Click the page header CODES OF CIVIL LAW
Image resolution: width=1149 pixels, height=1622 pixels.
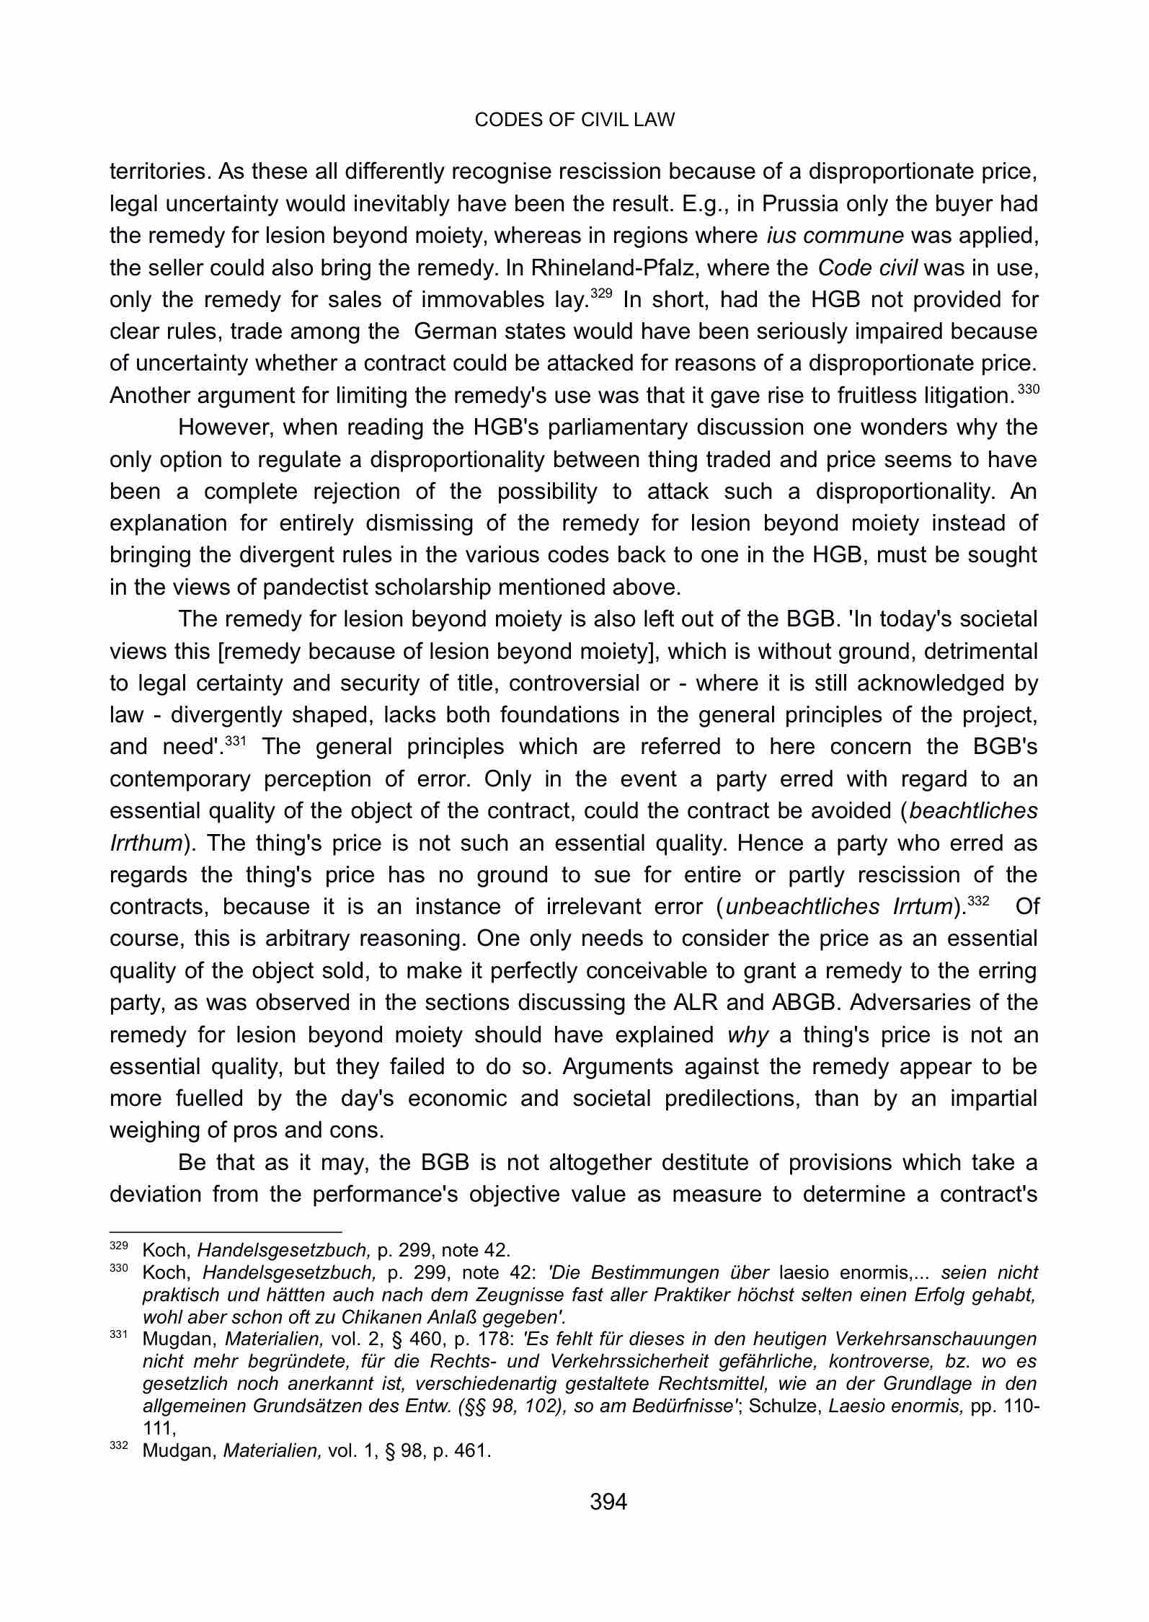point(574,120)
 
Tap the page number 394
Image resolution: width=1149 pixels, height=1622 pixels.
point(608,1502)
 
